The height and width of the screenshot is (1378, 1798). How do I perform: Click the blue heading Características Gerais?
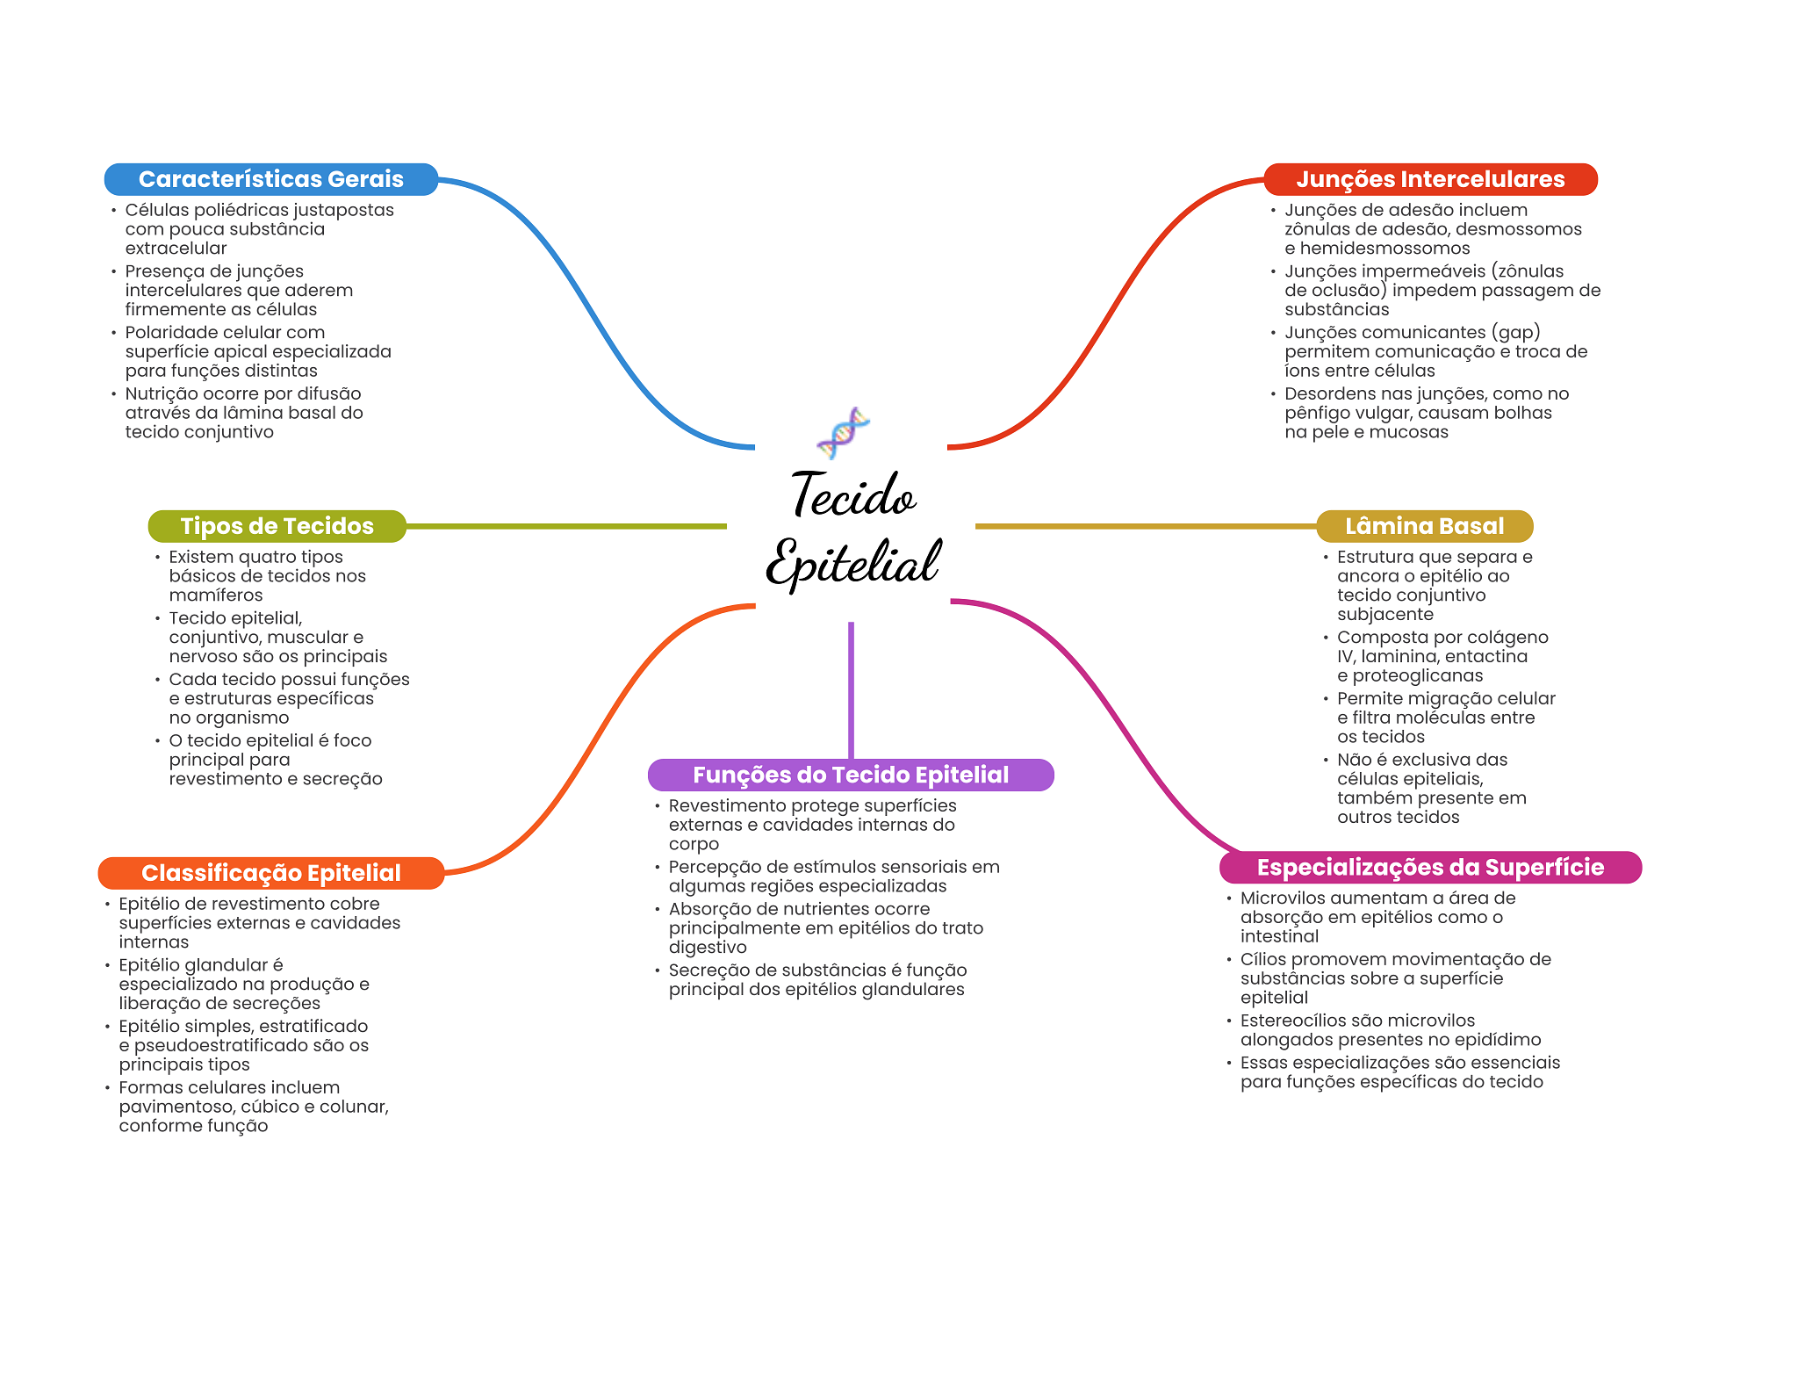[270, 179]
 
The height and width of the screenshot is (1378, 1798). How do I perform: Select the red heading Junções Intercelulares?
[1429, 179]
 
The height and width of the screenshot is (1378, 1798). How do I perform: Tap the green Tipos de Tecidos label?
[277, 526]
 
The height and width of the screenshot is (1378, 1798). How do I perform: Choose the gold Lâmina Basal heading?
[1424, 526]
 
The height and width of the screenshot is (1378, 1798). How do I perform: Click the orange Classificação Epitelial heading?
[270, 873]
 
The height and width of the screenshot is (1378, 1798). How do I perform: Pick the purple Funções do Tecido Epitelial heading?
[850, 775]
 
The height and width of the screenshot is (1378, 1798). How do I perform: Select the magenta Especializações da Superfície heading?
[1429, 868]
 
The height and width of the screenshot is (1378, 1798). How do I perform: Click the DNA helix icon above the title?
[843, 432]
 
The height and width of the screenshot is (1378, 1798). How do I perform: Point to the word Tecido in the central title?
[853, 495]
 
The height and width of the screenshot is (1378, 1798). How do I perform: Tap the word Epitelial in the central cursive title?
[853, 562]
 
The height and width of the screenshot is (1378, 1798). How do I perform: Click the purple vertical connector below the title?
[851, 689]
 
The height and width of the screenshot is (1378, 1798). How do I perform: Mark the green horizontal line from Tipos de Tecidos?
[566, 526]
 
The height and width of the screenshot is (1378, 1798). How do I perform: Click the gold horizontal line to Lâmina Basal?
[1146, 526]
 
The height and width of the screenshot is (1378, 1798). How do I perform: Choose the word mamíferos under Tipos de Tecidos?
[215, 595]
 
